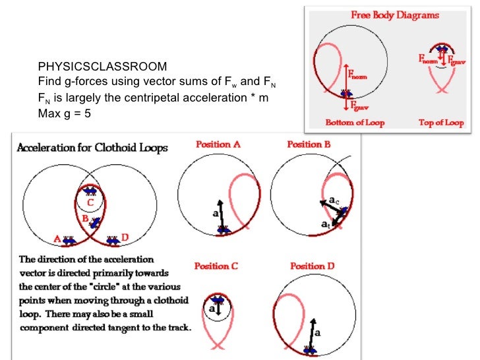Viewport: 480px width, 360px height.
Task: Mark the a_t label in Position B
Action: [x=326, y=225]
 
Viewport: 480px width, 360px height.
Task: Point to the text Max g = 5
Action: [x=64, y=113]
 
